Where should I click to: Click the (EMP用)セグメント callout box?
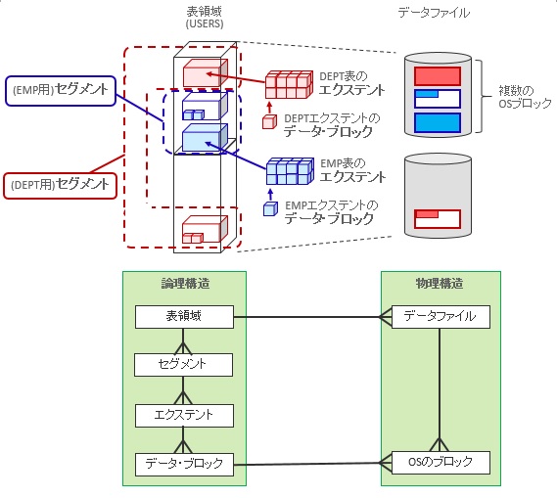(x=61, y=91)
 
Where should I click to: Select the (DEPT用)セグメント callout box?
(x=60, y=186)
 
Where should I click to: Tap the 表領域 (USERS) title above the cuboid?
(x=205, y=18)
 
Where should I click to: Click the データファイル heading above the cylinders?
(x=434, y=13)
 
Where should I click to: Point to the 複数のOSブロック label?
(x=525, y=97)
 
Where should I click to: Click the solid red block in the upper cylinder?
(x=438, y=76)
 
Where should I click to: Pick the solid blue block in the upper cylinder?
(x=438, y=123)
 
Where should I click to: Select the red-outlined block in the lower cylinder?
(x=438, y=219)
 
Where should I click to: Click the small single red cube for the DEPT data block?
(x=269, y=121)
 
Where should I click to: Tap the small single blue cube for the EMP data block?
(x=270, y=208)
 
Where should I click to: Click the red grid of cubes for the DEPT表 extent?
(x=289, y=84)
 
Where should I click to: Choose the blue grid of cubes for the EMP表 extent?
(x=290, y=171)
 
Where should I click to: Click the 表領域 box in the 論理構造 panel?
(x=184, y=317)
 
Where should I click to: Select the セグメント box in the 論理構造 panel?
(x=183, y=365)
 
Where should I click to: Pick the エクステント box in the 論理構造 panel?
(x=184, y=416)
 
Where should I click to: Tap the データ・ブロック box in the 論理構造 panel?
(x=184, y=465)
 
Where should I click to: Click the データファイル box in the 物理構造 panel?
(x=441, y=317)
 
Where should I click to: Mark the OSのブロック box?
(x=441, y=463)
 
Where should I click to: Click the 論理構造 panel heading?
(x=185, y=284)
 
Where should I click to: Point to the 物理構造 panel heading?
(x=440, y=284)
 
